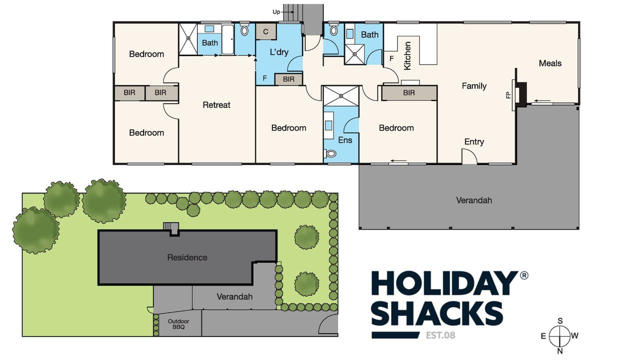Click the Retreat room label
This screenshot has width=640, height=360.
[216, 105]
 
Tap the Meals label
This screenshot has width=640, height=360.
[550, 63]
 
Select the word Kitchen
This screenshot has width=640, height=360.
[407, 55]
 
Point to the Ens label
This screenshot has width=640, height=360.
[345, 140]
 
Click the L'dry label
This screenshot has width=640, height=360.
[279, 52]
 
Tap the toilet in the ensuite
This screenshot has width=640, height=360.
[330, 153]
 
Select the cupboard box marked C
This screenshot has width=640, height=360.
[265, 31]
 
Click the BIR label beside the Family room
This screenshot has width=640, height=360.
[409, 92]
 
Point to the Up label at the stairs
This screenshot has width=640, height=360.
[276, 12]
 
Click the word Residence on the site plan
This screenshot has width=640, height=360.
[187, 257]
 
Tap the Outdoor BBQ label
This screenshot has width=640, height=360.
[178, 324]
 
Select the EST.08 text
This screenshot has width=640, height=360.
[440, 335]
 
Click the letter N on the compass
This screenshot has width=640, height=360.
[560, 351]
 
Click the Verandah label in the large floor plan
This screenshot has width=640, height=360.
[474, 200]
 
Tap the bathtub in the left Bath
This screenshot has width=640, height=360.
[227, 39]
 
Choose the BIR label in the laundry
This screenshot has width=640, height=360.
[288, 79]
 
